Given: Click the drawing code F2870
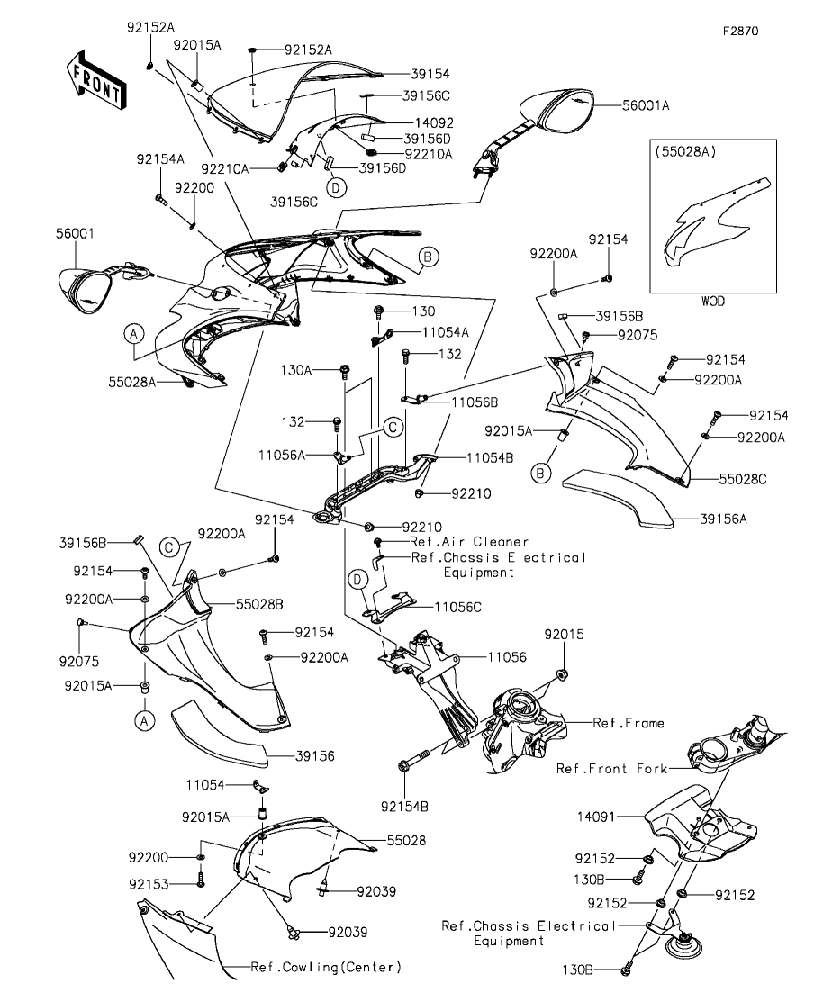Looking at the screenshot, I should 740,30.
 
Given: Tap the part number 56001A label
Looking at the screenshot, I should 646,105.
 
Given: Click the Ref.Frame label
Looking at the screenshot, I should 628,722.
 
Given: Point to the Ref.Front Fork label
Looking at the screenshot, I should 611,769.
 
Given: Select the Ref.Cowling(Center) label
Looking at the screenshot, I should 325,967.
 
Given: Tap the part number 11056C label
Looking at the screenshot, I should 457,608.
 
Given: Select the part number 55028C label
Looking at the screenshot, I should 743,479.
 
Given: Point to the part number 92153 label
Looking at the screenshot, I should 148,883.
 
